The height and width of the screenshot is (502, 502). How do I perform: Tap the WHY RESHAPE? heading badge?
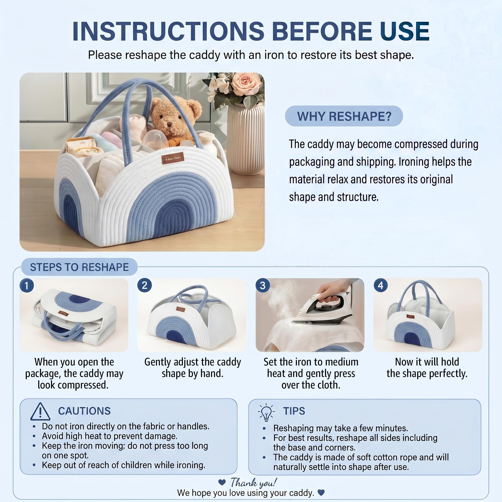344,116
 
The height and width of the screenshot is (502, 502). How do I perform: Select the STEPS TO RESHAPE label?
79,267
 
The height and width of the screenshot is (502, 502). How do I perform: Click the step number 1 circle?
26,285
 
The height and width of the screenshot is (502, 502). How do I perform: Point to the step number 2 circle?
144,285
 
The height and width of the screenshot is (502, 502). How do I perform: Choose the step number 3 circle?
263,285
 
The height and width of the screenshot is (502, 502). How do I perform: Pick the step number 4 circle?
381,285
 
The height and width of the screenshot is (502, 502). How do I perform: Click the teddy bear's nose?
169,124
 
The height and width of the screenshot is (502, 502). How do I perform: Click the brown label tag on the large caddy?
173,158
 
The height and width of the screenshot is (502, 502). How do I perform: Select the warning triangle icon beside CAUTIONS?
40,412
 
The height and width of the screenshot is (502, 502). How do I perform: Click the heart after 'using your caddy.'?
321,492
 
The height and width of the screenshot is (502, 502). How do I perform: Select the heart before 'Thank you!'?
222,482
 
